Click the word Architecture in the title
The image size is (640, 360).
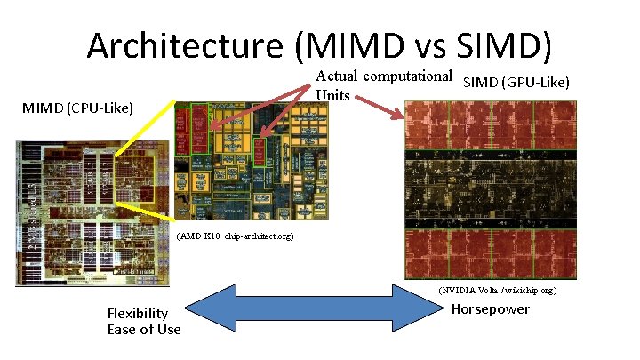point(188,46)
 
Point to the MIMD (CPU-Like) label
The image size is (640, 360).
point(78,108)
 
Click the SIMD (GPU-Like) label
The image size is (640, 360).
point(516,83)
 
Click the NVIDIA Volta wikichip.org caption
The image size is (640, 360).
point(497,290)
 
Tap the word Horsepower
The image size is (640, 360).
point(491,309)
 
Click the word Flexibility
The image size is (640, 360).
point(137,313)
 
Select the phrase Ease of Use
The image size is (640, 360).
point(144,330)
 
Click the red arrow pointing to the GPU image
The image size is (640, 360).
point(381,108)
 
